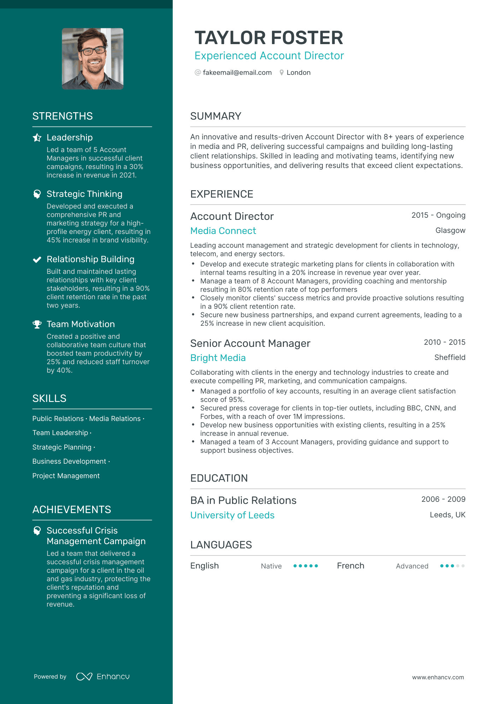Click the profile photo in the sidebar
point(93,59)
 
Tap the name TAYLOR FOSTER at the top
point(269,38)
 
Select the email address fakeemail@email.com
point(237,72)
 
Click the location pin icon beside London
point(281,72)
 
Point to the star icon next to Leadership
point(37,137)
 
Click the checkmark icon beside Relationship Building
point(37,259)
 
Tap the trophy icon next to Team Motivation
point(37,324)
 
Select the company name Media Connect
point(223,231)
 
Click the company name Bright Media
point(218,358)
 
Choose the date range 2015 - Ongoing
point(438,215)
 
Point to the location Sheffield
point(450,357)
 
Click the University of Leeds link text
point(232,515)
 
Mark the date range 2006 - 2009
point(443,499)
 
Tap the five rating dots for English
point(306,566)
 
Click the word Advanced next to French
point(412,566)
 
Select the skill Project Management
point(66,476)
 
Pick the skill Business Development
point(69,461)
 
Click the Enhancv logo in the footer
point(103,676)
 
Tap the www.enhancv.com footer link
point(438,677)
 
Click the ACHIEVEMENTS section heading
point(72,510)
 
